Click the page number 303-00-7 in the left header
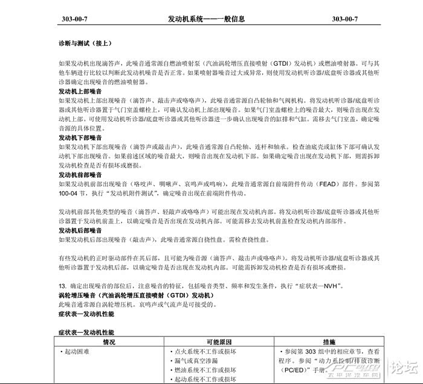(x=75, y=19)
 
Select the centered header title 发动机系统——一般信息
(x=206, y=19)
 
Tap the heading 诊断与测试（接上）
(x=85, y=43)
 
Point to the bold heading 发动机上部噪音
(x=80, y=91)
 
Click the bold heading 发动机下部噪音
(x=80, y=137)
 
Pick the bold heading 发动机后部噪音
(x=80, y=230)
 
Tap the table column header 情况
(x=109, y=341)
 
